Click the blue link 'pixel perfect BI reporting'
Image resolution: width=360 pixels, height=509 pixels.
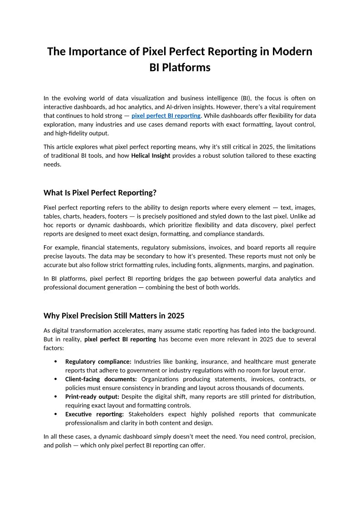[166, 116]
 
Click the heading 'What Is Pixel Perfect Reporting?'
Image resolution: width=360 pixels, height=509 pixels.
[100, 193]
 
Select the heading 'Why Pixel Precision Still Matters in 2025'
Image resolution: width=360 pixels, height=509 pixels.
[114, 315]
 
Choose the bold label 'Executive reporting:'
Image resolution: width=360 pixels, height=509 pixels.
[95, 414]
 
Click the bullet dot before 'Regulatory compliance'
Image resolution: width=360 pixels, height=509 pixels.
[55, 362]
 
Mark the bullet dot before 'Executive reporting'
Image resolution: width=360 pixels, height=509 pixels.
[55, 414]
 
